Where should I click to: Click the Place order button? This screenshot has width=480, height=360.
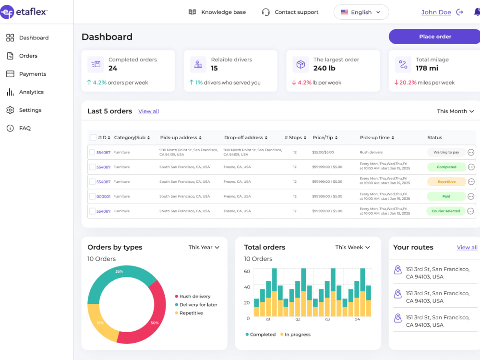coord(435,37)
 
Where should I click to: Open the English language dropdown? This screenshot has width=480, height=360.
coord(361,12)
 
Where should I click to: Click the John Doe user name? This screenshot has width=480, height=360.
coord(436,12)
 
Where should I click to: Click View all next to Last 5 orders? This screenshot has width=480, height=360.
coord(148,111)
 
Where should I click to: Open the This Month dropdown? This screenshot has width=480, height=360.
coord(455,111)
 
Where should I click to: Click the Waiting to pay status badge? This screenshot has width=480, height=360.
coord(446,152)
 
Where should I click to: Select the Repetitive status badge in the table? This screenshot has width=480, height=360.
coord(446,181)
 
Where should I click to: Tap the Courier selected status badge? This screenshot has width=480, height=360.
coord(446,211)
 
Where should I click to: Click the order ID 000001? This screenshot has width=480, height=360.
coord(104,196)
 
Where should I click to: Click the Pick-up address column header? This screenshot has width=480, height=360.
coord(180,138)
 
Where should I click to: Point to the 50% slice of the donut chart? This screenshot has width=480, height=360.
coord(147,315)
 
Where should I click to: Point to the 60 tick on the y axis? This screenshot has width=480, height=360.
coord(247,271)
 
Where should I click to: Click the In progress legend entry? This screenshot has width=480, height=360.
coord(295,335)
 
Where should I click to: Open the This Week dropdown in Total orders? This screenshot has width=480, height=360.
coord(352,247)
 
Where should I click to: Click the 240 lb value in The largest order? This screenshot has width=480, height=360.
coord(324,68)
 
